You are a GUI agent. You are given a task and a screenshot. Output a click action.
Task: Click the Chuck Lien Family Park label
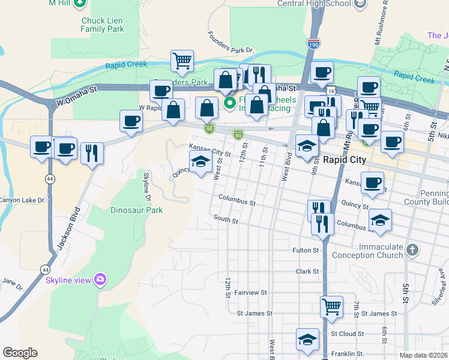tap(102, 25)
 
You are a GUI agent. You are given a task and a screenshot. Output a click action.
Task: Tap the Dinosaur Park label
tap(137, 211)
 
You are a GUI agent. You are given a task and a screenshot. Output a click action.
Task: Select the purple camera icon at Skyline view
tap(100, 279)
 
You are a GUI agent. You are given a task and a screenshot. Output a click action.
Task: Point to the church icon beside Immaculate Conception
tap(411, 249)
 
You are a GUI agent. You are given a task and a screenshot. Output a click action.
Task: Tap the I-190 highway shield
tap(313, 44)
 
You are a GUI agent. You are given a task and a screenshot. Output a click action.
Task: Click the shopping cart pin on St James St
tap(331, 307)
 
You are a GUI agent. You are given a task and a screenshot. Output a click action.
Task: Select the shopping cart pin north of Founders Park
tap(182, 60)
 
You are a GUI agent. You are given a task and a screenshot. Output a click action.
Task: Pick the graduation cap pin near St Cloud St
tap(308, 339)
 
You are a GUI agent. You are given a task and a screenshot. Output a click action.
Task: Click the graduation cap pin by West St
tap(200, 161)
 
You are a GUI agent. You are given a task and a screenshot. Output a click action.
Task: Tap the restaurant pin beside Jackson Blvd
tap(92, 153)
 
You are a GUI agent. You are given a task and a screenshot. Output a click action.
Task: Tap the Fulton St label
tap(306, 250)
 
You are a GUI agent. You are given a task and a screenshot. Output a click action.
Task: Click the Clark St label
tap(307, 271)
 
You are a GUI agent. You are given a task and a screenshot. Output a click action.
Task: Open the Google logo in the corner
tap(20, 353)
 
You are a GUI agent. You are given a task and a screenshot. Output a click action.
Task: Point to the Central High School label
tap(314, 4)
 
